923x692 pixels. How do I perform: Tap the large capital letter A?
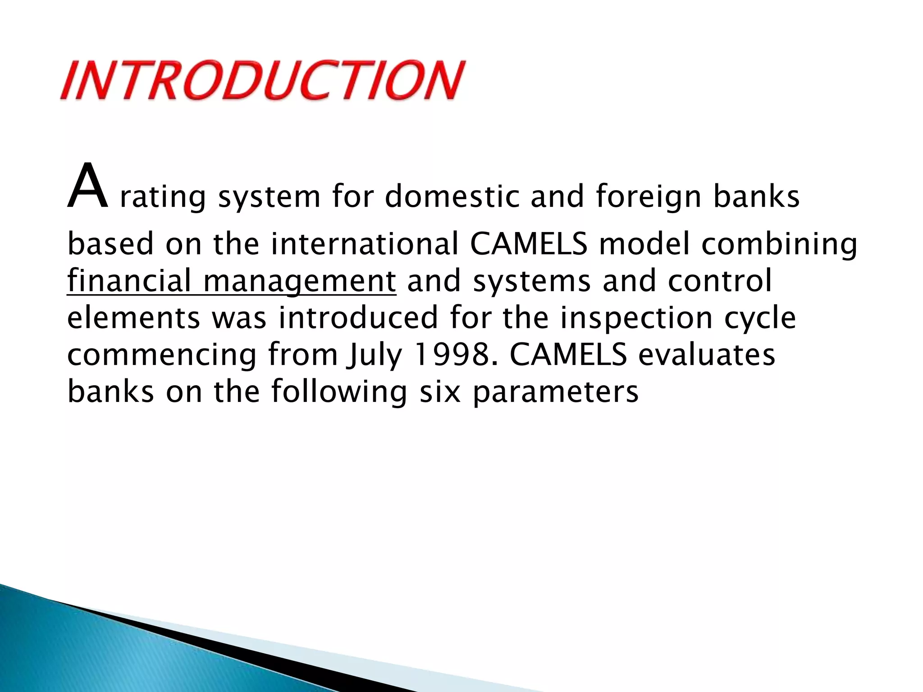87,187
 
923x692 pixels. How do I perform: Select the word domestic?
452,196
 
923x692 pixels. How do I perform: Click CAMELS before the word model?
528,243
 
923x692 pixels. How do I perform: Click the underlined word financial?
129,280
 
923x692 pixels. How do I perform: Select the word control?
719,280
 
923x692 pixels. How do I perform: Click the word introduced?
358,317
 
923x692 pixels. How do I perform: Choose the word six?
440,391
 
